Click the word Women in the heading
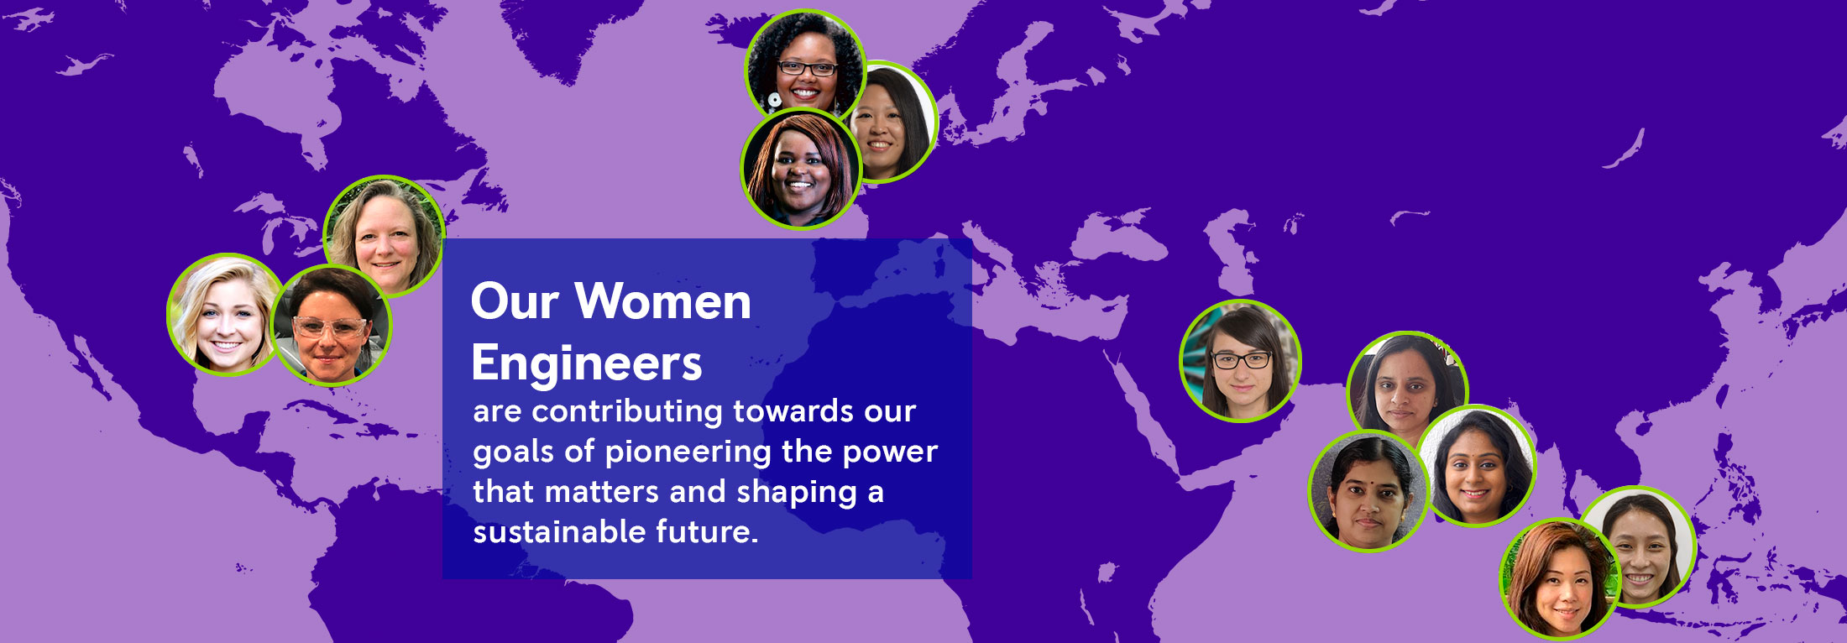pyautogui.click(x=663, y=301)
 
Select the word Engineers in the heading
pyautogui.click(x=587, y=364)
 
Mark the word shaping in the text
pyautogui.click(x=797, y=493)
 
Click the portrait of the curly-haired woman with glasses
pyautogui.click(x=804, y=65)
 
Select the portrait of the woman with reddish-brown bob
pyautogui.click(x=801, y=169)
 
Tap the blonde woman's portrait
pyautogui.click(x=225, y=315)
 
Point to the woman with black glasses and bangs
pyautogui.click(x=1240, y=361)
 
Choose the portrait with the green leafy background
pyautogui.click(x=1561, y=579)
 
